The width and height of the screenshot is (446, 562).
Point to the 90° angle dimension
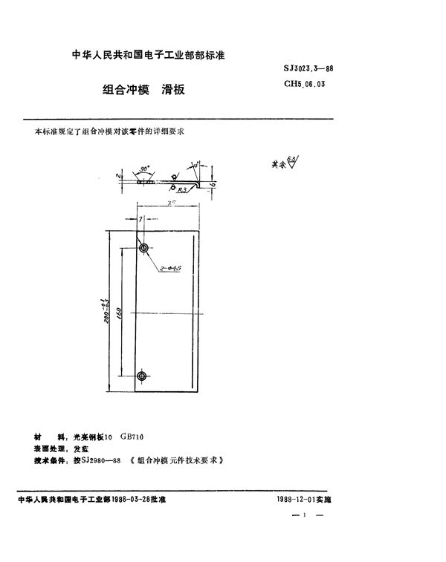coord(143,169)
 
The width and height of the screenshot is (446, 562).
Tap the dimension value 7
coord(139,219)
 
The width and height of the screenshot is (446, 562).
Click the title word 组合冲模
coord(126,90)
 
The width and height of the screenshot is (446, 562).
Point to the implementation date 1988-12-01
coord(291,500)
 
